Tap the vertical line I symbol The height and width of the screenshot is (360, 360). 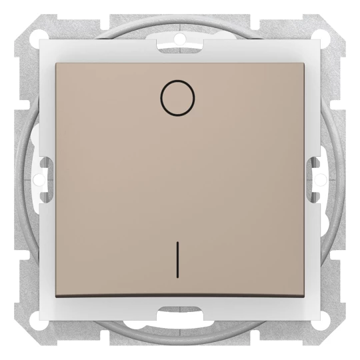[177, 259]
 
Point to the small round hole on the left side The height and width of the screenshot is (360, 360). [39, 179]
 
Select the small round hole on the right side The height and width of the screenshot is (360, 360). [321, 179]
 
